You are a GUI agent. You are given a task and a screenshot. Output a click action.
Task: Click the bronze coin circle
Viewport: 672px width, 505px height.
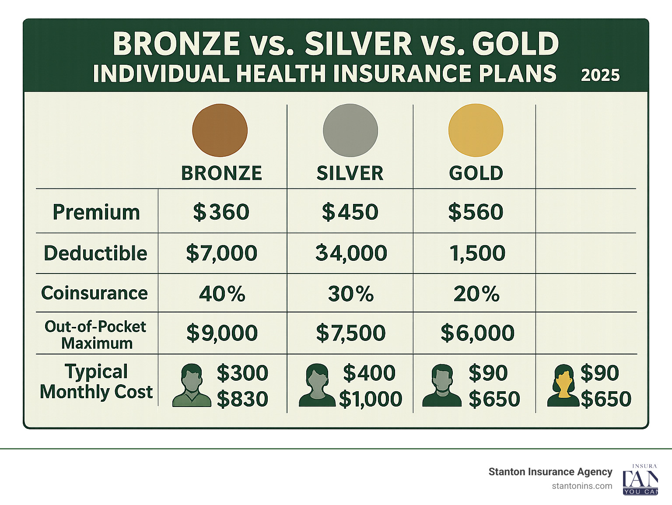tap(220, 130)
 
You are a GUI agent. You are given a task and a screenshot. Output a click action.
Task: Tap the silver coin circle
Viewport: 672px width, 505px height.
tap(350, 130)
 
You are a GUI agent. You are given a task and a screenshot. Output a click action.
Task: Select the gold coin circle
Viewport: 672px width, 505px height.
tap(476, 130)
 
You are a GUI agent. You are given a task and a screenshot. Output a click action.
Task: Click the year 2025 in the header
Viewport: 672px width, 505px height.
tap(600, 75)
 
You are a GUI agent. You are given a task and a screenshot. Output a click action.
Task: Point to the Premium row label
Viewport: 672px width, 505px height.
tap(96, 212)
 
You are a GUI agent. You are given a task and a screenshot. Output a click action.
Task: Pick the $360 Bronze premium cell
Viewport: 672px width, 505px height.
tap(221, 212)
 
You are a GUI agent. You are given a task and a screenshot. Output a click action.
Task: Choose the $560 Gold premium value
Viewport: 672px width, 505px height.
tap(476, 212)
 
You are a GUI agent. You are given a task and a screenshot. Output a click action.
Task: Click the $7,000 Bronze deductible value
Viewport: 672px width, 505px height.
tap(221, 253)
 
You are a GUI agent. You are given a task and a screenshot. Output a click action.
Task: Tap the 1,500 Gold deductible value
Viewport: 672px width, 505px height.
tap(477, 253)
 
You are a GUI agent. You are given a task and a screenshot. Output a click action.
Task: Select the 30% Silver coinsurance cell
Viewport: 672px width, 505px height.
tap(351, 294)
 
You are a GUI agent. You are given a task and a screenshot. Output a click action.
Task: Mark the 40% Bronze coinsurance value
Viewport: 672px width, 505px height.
tap(222, 294)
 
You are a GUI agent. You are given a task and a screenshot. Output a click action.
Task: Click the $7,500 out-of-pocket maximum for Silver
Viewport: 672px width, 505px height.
tap(350, 333)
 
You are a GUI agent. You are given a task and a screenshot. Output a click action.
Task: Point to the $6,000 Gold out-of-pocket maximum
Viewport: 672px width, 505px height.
tap(477, 333)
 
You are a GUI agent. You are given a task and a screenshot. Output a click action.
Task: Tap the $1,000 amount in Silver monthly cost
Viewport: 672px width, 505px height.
tap(371, 399)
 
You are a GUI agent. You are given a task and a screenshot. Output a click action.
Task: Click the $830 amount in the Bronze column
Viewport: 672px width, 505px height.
tap(242, 399)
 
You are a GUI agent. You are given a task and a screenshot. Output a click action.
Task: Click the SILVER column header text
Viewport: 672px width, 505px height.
tap(350, 173)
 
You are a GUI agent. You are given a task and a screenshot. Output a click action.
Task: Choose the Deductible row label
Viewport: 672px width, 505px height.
tap(95, 253)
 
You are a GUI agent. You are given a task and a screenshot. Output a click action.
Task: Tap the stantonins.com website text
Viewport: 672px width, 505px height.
tap(582, 486)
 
